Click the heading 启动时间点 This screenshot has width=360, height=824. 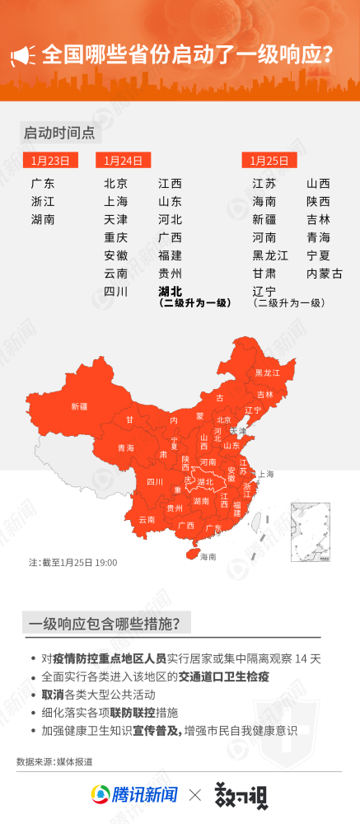(x=59, y=132)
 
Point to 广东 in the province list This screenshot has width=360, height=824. (x=43, y=184)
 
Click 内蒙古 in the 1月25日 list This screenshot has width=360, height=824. (x=324, y=274)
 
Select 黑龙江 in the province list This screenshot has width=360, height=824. (x=270, y=255)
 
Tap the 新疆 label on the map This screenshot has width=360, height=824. (x=80, y=406)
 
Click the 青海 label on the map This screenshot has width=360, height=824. (x=126, y=448)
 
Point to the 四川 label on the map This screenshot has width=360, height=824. (x=155, y=482)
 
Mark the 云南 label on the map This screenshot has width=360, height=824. (x=147, y=520)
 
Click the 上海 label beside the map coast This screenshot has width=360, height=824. (x=265, y=474)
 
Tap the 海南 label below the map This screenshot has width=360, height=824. (x=208, y=556)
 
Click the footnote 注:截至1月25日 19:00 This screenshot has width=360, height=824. (x=73, y=563)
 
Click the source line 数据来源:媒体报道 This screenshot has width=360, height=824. (x=54, y=761)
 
